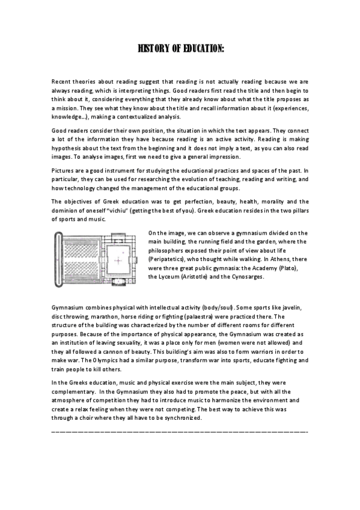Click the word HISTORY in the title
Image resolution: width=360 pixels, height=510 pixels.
tap(154, 48)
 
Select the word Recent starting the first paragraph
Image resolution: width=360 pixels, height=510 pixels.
tap(63, 79)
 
